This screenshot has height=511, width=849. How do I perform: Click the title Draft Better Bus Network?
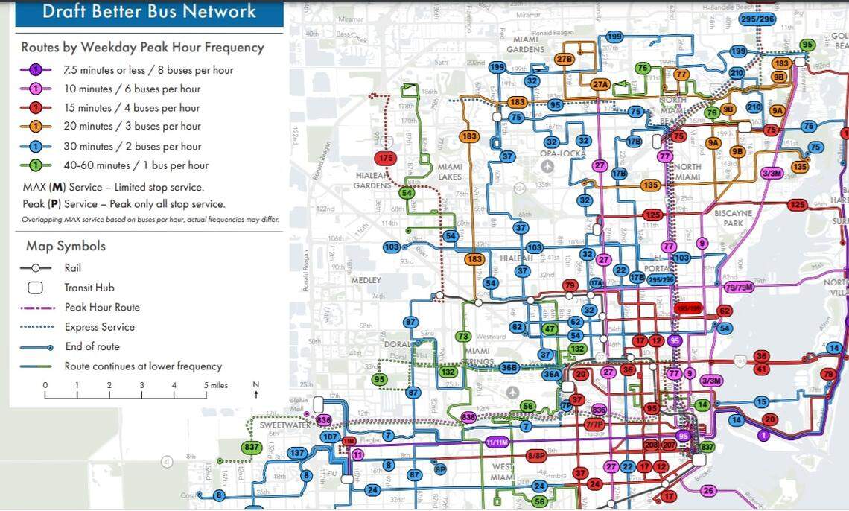click(x=149, y=12)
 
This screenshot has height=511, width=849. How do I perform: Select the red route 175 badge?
click(x=385, y=158)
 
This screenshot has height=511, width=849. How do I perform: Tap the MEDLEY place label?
click(x=366, y=280)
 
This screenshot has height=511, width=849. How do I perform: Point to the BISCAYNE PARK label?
click(x=733, y=218)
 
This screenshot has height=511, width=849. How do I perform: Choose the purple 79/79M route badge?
click(x=739, y=287)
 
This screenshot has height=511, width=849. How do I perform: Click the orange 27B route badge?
click(x=564, y=59)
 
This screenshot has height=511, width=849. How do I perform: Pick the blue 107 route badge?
click(x=330, y=437)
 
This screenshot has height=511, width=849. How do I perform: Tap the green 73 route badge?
click(x=463, y=337)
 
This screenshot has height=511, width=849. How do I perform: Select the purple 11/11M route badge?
click(x=497, y=442)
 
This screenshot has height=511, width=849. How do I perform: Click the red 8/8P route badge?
click(x=536, y=456)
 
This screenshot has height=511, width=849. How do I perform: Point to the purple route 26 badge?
click(x=708, y=490)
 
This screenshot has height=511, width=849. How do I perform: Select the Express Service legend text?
click(x=100, y=327)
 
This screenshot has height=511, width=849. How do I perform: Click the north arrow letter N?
click(x=255, y=385)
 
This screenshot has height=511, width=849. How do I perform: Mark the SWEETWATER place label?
click(x=286, y=425)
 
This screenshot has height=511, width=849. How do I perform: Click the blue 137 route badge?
click(x=297, y=453)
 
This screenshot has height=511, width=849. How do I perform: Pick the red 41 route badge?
click(x=761, y=369)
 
